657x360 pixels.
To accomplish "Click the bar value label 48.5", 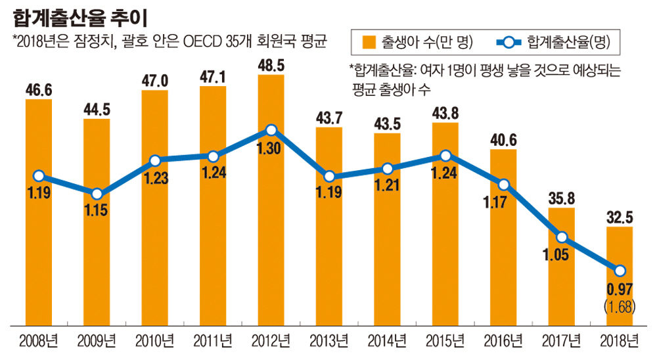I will (271, 66).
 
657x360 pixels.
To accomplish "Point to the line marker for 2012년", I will (271, 130).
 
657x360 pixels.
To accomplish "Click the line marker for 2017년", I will (561, 237).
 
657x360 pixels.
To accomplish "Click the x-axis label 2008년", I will (39, 341).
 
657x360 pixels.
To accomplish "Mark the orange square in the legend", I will (368, 43).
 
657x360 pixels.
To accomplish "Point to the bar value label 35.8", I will (560, 199).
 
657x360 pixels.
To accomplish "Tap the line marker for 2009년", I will (97, 194).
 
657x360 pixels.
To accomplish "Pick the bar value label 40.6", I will (503, 140).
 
